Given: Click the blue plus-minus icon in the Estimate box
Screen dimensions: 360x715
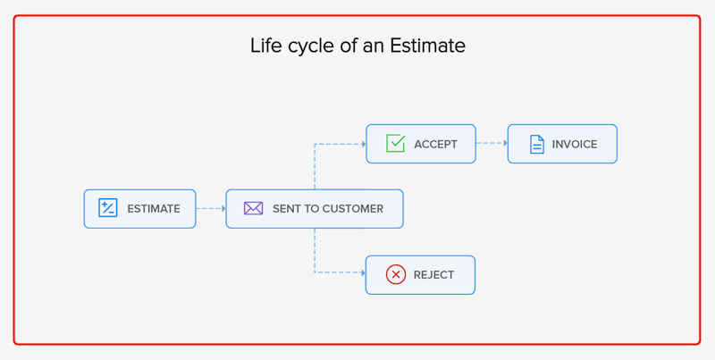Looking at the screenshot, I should pyautogui.click(x=108, y=208).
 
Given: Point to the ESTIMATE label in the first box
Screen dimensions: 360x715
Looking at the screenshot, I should pyautogui.click(x=154, y=209).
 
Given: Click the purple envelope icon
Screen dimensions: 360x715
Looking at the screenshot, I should pyautogui.click(x=254, y=208).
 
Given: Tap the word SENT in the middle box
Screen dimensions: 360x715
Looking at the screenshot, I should pyautogui.click(x=288, y=209).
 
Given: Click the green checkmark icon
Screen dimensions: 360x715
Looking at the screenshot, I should pyautogui.click(x=395, y=143).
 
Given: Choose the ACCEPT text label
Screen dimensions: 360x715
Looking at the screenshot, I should pyautogui.click(x=435, y=144).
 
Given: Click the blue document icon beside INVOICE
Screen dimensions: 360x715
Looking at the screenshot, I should pyautogui.click(x=536, y=144).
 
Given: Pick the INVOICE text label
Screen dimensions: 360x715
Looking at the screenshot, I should pyautogui.click(x=575, y=144).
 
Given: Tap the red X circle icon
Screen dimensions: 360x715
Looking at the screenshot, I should pyautogui.click(x=396, y=274).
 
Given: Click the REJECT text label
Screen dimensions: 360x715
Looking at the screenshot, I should pyautogui.click(x=434, y=275).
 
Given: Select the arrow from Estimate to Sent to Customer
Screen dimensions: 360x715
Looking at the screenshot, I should pyautogui.click(x=211, y=209).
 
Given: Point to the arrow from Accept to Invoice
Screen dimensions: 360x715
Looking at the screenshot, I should pyautogui.click(x=492, y=143).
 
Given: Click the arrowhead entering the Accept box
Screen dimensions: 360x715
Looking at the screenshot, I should pyautogui.click(x=363, y=143).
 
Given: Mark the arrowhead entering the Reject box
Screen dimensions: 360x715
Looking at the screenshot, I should pyautogui.click(x=363, y=272).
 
